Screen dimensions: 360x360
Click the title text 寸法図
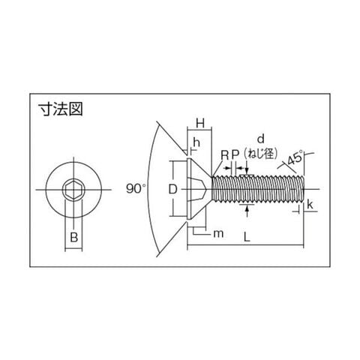coord(60,109)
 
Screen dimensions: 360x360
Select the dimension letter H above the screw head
coord(200,123)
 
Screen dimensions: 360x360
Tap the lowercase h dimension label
coord(196,142)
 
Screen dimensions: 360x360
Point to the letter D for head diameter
coord(172,189)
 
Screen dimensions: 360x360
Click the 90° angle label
coord(136,188)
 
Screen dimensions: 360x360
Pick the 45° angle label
coord(295,157)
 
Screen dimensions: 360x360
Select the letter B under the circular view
coord(74,237)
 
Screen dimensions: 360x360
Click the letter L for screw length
coord(247,236)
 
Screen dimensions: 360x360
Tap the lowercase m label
coord(218,234)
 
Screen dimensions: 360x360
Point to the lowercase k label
coord(310,205)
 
